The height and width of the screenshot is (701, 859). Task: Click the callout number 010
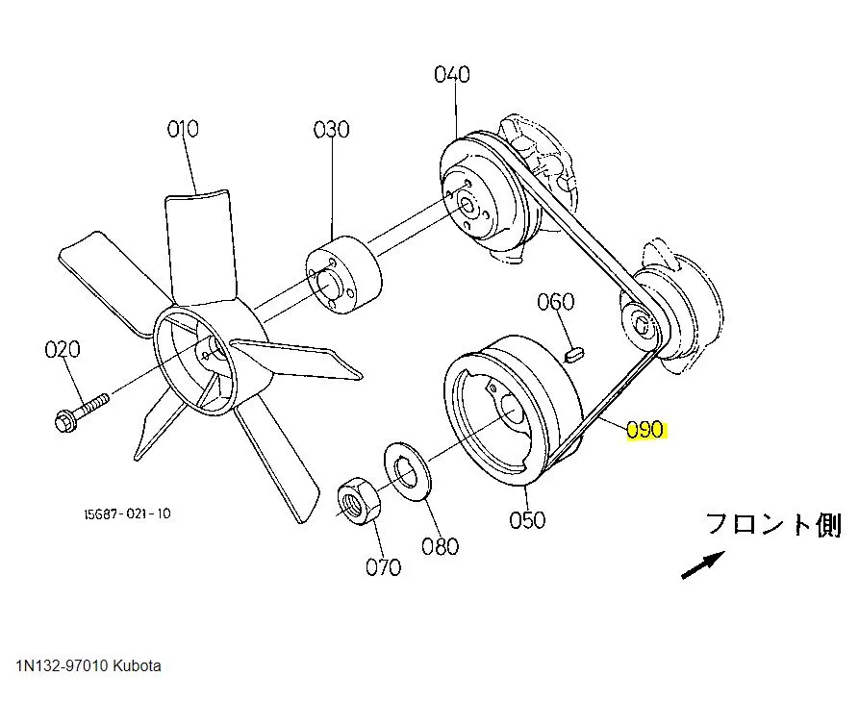[183, 128]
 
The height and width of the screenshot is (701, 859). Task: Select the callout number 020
[63, 349]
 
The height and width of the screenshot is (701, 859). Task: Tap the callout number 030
[331, 128]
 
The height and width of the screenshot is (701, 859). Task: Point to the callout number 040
[451, 74]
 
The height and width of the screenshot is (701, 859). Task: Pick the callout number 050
[528, 519]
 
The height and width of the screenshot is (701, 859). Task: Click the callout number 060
[555, 302]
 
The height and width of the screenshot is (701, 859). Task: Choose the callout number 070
[383, 566]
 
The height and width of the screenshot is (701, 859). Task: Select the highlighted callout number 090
[645, 430]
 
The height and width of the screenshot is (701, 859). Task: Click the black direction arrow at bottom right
[703, 564]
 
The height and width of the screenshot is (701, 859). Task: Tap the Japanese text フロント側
[773, 525]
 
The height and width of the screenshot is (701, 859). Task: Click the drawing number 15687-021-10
[126, 513]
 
